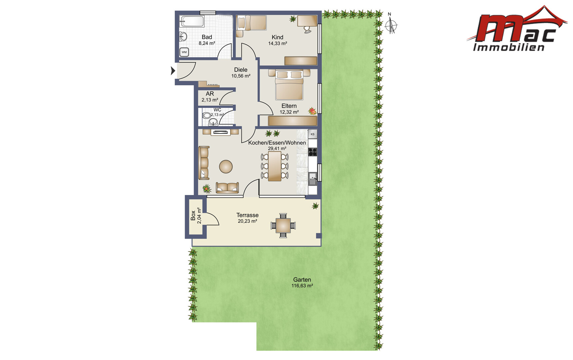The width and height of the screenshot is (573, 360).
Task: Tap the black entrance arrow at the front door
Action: [173, 71]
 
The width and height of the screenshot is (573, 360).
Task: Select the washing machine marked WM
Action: [184, 52]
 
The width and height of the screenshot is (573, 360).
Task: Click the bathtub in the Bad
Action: [192, 21]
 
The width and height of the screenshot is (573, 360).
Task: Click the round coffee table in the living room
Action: [226, 167]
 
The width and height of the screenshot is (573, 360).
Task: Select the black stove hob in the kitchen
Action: [312, 152]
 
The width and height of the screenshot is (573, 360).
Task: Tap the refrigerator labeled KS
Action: [312, 134]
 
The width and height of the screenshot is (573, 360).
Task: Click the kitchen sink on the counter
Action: [312, 179]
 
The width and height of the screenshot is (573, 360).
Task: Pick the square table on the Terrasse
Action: [283, 226]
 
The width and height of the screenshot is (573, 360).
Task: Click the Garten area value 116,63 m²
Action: [302, 286]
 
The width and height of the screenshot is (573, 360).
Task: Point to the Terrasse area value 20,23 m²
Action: [247, 221]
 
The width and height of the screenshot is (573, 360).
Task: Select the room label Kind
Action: [278, 37]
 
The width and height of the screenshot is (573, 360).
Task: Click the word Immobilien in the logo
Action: [509, 47]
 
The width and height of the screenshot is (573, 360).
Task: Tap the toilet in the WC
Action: [207, 115]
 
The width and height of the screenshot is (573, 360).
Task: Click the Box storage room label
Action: [193, 215]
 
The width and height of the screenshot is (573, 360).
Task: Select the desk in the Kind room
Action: [307, 21]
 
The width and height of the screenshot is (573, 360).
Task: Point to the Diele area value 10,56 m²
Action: [241, 76]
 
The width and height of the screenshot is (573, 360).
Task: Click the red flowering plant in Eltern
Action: [312, 111]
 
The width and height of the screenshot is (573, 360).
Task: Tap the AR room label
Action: [210, 94]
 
